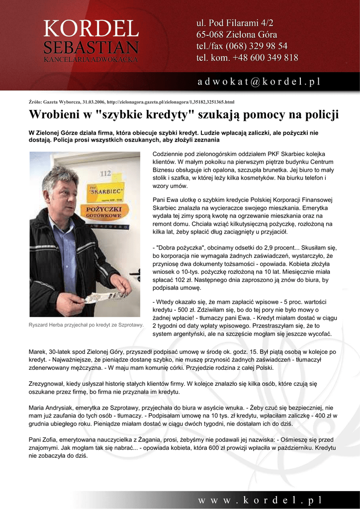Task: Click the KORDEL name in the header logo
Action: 90,29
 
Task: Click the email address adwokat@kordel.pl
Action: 259,81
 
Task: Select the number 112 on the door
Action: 105,173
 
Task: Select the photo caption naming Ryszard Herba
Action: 86,325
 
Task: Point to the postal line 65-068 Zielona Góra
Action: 237,35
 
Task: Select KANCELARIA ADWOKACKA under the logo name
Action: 90,59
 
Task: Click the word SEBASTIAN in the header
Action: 90,48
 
